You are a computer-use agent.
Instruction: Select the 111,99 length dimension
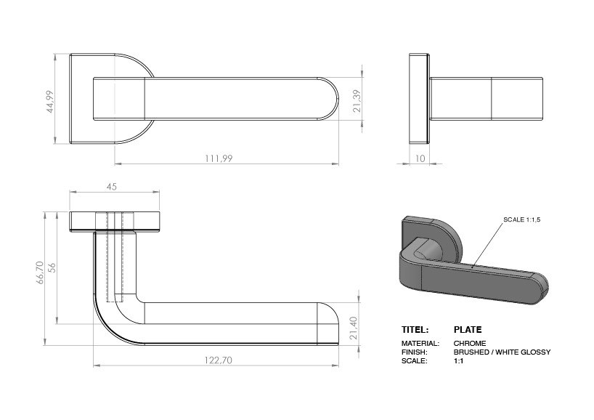pos(218,158)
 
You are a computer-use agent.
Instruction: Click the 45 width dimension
pos(112,187)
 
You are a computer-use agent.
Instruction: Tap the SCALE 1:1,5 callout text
pos(524,219)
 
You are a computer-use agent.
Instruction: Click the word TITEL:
pos(415,329)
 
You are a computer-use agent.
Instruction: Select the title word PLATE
pos(467,329)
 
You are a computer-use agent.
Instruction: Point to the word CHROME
pos(470,343)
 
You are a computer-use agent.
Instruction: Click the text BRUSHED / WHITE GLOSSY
pos(502,352)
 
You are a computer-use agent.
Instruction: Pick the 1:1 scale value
pos(459,360)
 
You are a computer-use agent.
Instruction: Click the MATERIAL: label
pos(420,343)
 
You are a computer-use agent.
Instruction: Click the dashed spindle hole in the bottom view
pos(115,258)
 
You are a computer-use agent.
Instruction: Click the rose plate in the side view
pos(419,97)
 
